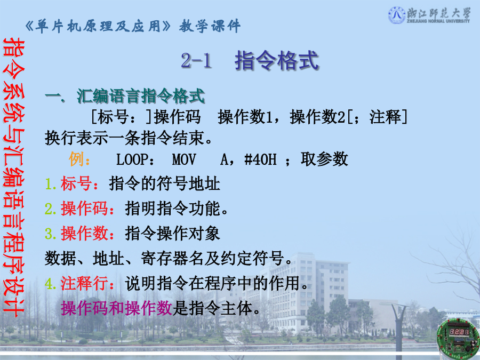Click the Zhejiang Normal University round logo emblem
click(397, 15)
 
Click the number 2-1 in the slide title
click(196, 60)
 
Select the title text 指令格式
click(277, 60)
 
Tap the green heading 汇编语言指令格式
click(140, 96)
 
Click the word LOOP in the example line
click(132, 159)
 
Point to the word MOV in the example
click(183, 159)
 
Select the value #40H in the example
click(260, 159)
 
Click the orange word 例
click(76, 159)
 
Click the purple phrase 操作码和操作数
click(116, 308)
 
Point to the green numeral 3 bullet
click(49, 234)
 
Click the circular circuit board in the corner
click(458, 339)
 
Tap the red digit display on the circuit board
click(459, 332)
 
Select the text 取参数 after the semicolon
click(324, 159)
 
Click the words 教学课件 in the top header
click(210, 26)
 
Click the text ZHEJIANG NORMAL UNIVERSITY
click(438, 21)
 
